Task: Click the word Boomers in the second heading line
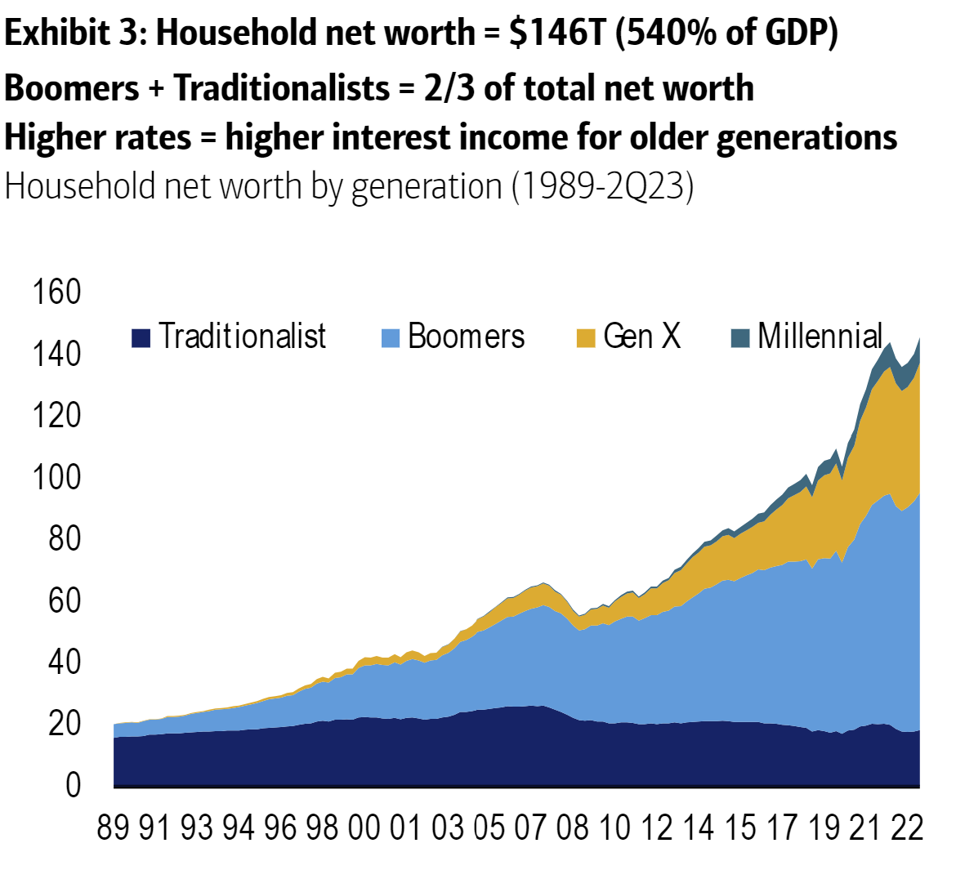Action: (x=72, y=87)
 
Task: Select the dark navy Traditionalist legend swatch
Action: (x=141, y=337)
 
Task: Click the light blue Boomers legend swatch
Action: (x=391, y=337)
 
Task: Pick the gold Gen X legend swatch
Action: (x=586, y=337)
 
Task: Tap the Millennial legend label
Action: (x=820, y=336)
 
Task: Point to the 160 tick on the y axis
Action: (x=56, y=292)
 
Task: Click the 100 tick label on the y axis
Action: (x=56, y=476)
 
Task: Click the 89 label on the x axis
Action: (x=114, y=828)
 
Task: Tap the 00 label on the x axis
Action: (x=364, y=828)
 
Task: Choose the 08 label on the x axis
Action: (x=572, y=828)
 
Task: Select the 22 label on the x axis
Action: (x=906, y=828)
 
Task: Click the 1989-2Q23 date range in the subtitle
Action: (x=603, y=186)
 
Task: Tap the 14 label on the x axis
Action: (x=698, y=828)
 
